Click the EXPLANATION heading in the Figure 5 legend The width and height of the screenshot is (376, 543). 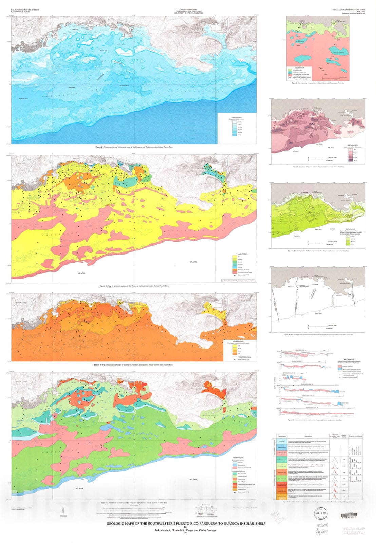(299, 68)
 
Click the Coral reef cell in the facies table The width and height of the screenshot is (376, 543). (282, 442)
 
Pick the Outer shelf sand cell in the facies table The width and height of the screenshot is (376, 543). (282, 479)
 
